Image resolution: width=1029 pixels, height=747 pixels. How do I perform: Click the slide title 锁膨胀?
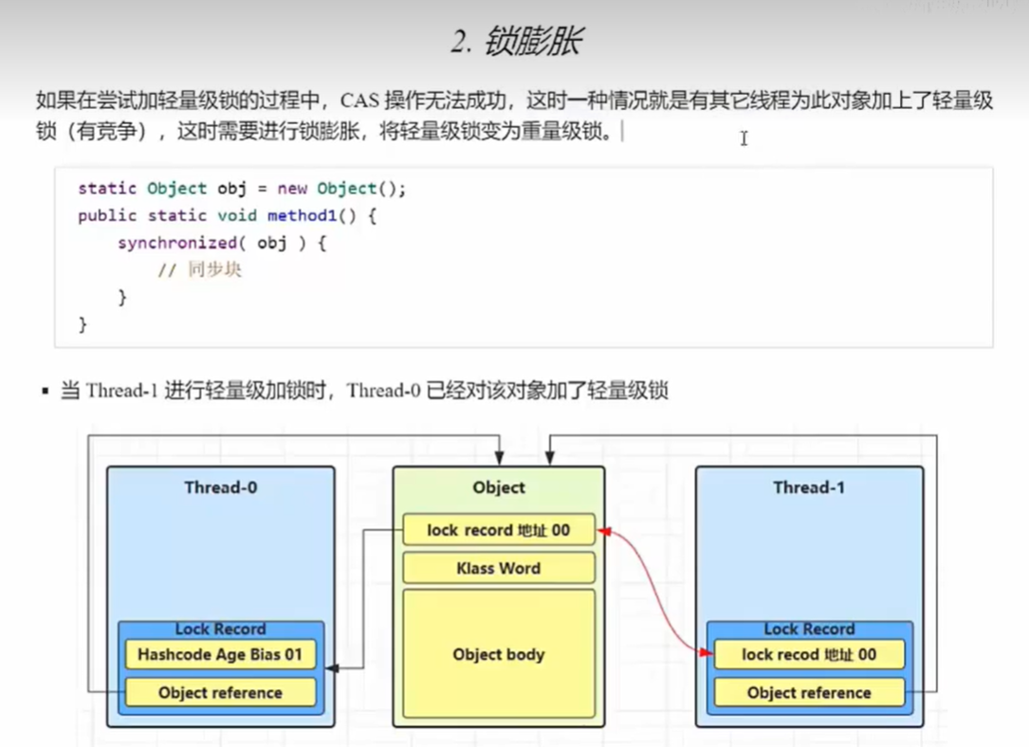point(516,42)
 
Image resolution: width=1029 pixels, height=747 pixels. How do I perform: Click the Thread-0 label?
point(220,487)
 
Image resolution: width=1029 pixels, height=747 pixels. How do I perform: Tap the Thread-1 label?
point(808,487)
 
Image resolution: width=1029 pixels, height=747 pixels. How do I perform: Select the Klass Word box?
point(499,569)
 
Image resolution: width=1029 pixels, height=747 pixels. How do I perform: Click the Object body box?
point(499,654)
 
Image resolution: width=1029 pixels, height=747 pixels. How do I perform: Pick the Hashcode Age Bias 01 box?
point(220,654)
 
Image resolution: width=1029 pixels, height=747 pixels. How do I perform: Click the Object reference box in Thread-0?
point(220,693)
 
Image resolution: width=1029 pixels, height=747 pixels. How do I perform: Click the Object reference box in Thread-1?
point(808,693)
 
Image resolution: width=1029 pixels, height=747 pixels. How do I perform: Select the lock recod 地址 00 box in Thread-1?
point(808,654)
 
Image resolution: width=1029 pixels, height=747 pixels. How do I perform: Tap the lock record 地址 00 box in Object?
point(499,530)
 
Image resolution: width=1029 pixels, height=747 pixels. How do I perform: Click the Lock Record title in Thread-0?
point(220,629)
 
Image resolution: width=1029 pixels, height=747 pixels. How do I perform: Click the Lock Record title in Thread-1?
point(808,629)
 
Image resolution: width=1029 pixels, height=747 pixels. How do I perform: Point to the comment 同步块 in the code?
point(213,270)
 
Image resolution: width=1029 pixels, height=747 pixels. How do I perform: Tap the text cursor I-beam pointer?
point(744,138)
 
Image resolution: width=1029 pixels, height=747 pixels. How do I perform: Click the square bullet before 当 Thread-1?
point(45,391)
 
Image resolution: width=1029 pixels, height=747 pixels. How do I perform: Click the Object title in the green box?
point(499,487)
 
